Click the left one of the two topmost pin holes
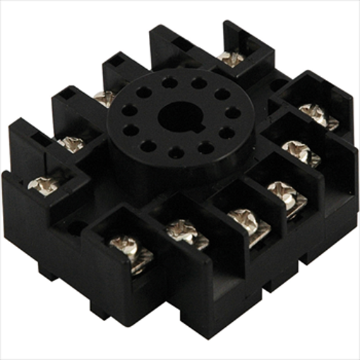click(x=169, y=83)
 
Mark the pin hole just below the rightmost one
click(x=227, y=133)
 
